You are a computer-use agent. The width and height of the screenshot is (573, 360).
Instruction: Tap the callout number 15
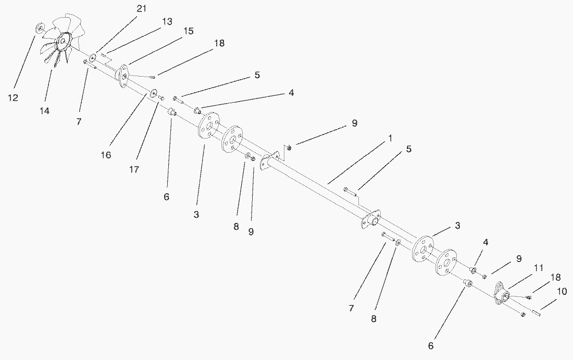click(x=188, y=31)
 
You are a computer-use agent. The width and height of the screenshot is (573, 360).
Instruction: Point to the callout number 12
click(x=13, y=97)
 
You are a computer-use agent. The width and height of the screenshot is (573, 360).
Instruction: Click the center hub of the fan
click(x=64, y=40)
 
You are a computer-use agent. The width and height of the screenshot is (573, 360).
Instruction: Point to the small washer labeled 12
click(x=39, y=27)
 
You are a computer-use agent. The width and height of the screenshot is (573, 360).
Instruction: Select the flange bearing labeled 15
click(x=123, y=76)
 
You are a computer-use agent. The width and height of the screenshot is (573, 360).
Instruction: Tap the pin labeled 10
click(x=536, y=312)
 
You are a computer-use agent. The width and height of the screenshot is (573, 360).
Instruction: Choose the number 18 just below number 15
click(x=218, y=43)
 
